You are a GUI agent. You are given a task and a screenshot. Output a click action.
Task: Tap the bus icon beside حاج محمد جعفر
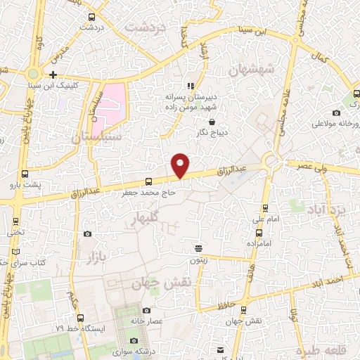148,182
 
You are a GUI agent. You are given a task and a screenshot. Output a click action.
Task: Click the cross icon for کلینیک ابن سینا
53,75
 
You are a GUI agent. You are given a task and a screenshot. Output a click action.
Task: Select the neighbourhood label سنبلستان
101,134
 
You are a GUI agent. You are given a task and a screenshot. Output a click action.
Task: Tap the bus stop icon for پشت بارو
26,174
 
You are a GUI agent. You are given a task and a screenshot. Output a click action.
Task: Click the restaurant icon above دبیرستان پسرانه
190,86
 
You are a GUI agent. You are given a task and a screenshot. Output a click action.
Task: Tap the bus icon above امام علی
264,207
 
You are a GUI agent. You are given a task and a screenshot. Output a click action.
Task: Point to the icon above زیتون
199,248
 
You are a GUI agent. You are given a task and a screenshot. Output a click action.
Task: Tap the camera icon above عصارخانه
146,310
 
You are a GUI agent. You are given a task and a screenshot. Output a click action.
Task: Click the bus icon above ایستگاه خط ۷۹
80,317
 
